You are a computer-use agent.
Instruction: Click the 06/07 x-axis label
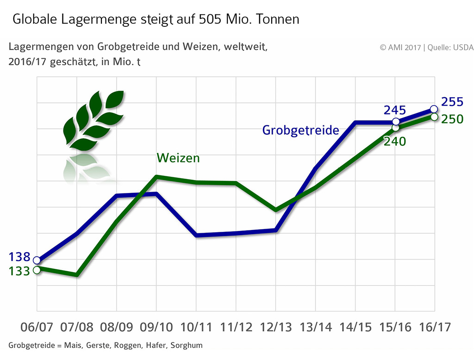(x=37, y=327)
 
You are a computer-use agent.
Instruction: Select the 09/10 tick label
(x=156, y=327)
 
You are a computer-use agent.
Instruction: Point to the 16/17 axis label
(x=434, y=327)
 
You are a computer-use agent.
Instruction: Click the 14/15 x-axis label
(x=355, y=327)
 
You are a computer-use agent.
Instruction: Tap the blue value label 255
(x=452, y=102)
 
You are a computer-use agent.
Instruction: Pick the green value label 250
(x=452, y=119)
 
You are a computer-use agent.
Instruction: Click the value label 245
(x=394, y=110)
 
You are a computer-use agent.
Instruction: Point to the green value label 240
(x=394, y=141)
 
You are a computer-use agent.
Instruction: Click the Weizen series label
(x=178, y=158)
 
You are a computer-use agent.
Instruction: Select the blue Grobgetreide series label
(x=300, y=130)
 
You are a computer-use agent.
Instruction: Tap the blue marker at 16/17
(x=434, y=109)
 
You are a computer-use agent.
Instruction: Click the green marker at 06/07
(x=37, y=269)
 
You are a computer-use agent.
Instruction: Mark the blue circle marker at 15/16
(x=396, y=122)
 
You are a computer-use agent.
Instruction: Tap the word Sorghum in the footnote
(x=187, y=346)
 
